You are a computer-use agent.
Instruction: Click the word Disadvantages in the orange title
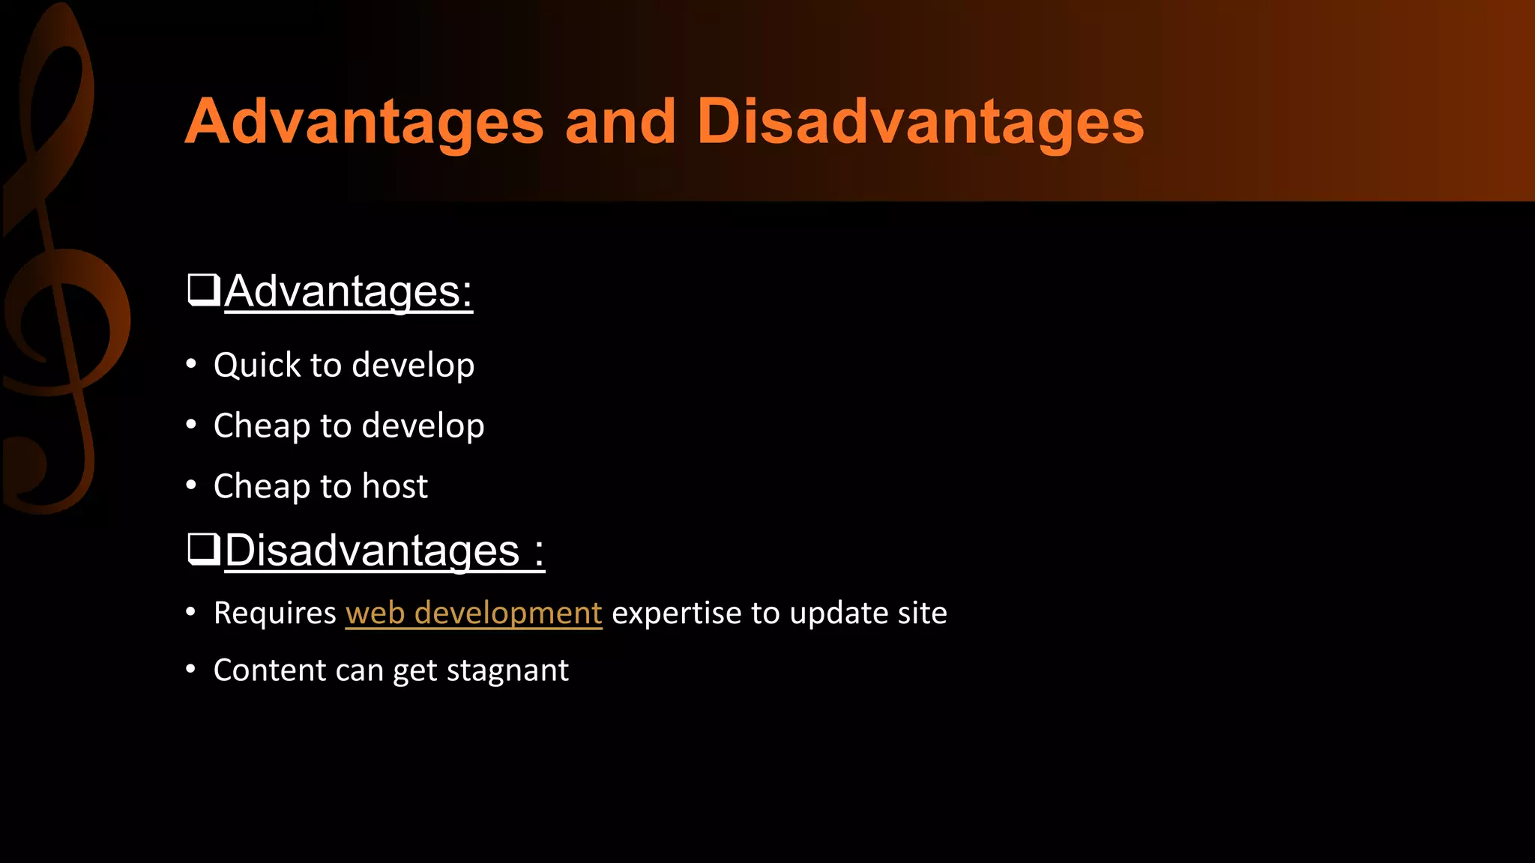click(x=920, y=121)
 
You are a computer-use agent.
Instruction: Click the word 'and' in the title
click(x=620, y=121)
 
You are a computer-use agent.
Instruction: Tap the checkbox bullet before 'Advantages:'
click(x=203, y=290)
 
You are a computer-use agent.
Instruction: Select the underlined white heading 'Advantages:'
click(x=349, y=291)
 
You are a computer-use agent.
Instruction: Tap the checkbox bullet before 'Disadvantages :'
click(x=203, y=549)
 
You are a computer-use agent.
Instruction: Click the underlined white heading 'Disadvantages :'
click(x=384, y=551)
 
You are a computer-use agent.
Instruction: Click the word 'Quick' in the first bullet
click(x=256, y=365)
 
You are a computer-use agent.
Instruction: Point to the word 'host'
click(x=395, y=486)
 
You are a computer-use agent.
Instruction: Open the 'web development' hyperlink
click(x=473, y=613)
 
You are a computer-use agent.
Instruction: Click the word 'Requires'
click(x=274, y=613)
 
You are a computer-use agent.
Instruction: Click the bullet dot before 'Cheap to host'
click(x=191, y=485)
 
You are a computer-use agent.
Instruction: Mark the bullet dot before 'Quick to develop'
click(x=191, y=364)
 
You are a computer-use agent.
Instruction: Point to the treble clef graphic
click(x=64, y=300)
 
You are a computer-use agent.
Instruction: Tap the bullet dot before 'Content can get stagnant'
click(x=191, y=669)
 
